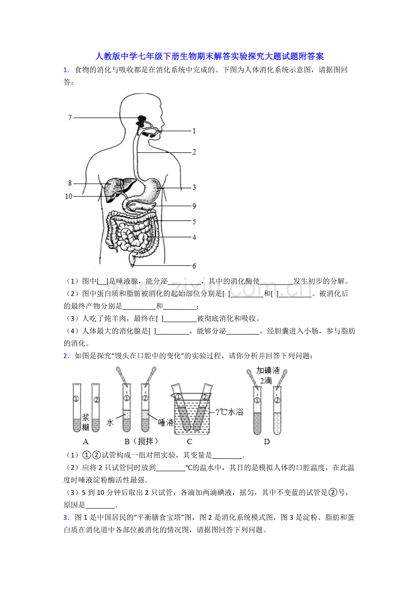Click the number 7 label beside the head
[x=70, y=117]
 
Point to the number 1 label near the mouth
[x=194, y=131]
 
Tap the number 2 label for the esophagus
[x=194, y=152]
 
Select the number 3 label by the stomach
[x=194, y=187]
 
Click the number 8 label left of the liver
[x=70, y=183]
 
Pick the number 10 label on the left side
[x=69, y=196]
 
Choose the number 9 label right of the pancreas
[x=194, y=206]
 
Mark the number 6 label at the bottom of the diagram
[x=194, y=266]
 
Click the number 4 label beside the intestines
[x=194, y=237]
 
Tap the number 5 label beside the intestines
[x=194, y=221]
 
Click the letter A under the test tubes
[x=86, y=441]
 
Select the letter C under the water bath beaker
[x=189, y=441]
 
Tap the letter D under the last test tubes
[x=266, y=441]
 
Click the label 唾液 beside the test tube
[x=166, y=422]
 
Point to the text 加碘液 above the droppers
[x=268, y=371]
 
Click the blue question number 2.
[x=66, y=356]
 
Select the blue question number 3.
[x=66, y=517]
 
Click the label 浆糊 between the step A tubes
[x=86, y=422]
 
